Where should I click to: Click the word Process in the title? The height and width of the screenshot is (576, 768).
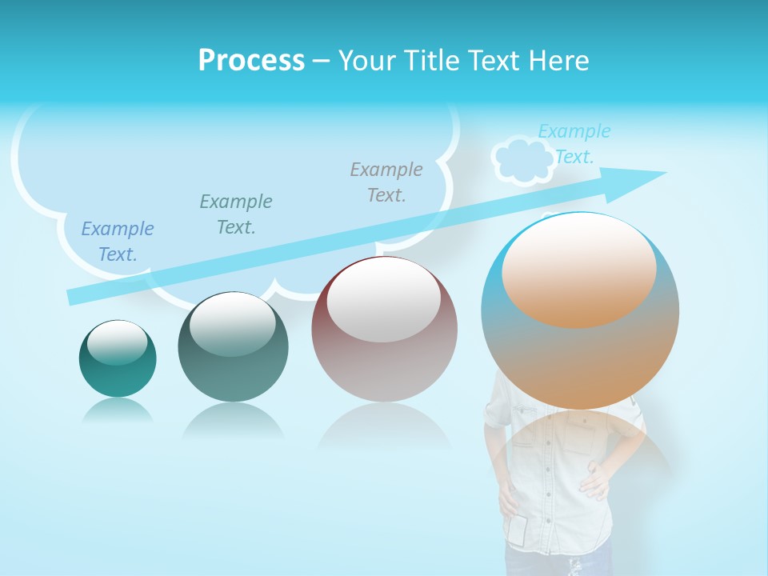[x=251, y=61]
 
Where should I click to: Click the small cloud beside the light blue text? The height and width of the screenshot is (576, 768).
[x=521, y=161]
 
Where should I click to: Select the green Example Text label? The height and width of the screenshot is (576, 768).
[x=236, y=214]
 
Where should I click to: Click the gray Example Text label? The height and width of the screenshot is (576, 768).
[x=386, y=182]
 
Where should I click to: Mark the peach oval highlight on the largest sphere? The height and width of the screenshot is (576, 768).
[x=578, y=270]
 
